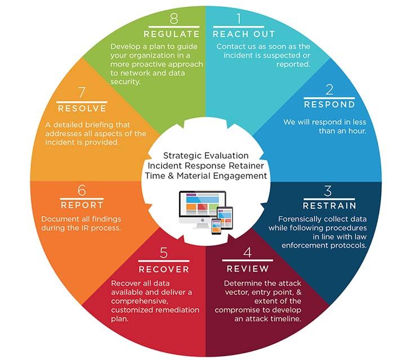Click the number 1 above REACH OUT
click(x=239, y=19)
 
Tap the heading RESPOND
click(x=329, y=105)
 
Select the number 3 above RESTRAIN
click(x=328, y=191)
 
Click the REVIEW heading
click(x=248, y=269)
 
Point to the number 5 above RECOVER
click(x=164, y=253)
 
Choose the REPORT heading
click(x=82, y=205)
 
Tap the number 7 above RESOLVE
click(x=82, y=92)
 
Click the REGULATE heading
click(x=172, y=34)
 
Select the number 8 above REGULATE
click(x=174, y=19)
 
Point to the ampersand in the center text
click(x=171, y=175)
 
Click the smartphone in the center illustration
click(x=216, y=227)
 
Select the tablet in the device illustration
click(x=225, y=218)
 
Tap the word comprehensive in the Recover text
click(x=140, y=301)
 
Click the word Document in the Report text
click(x=59, y=219)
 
